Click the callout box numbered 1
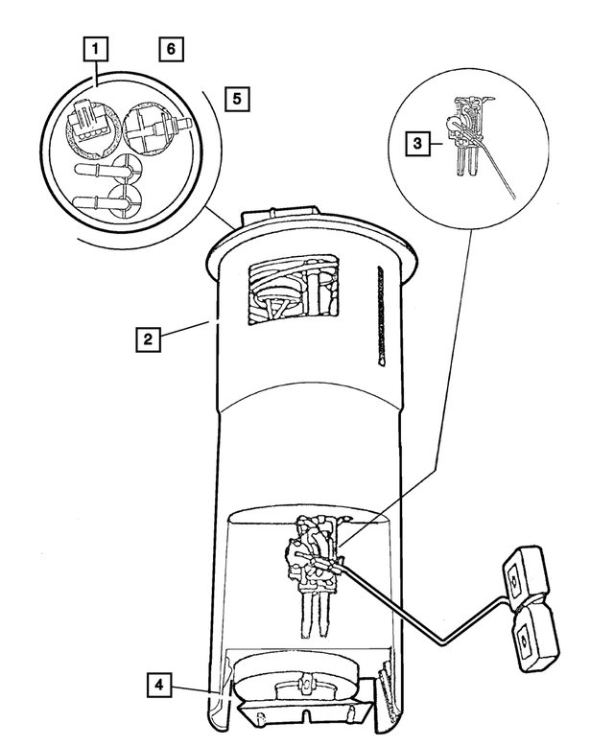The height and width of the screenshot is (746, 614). (x=97, y=47)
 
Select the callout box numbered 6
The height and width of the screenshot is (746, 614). (x=170, y=47)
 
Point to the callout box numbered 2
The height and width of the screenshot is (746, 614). (x=146, y=338)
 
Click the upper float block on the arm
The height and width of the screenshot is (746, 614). (x=522, y=574)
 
